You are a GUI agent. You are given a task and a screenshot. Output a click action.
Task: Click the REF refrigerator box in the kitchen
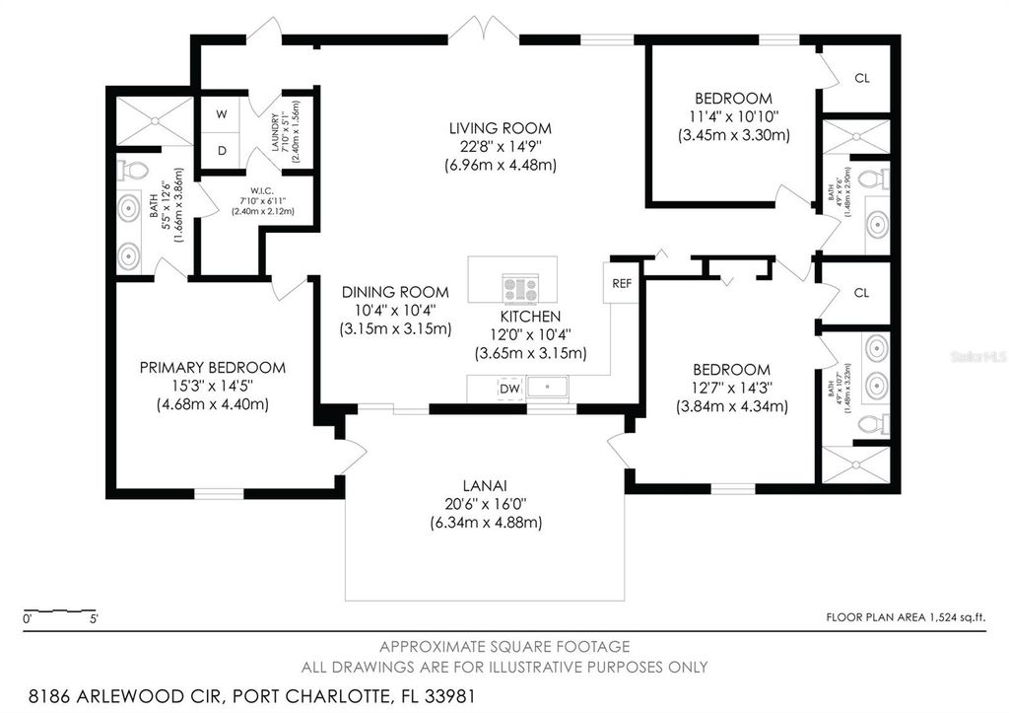coord(621,283)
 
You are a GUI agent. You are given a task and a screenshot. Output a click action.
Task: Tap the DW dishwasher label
coord(509,390)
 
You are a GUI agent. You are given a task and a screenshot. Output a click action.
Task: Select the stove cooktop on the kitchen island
coord(519,288)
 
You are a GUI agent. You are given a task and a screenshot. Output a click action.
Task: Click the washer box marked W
coord(222,114)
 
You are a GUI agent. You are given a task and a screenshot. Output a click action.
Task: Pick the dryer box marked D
coord(222,151)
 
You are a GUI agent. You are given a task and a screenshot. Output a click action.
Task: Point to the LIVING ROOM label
coord(501,128)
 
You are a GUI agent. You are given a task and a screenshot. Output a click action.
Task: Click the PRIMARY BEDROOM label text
coord(212,368)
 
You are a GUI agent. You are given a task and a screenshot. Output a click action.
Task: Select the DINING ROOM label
coord(395,292)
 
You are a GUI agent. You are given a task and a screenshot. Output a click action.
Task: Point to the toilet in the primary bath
coord(131,170)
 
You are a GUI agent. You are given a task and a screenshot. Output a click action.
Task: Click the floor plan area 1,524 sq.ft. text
coord(905,617)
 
